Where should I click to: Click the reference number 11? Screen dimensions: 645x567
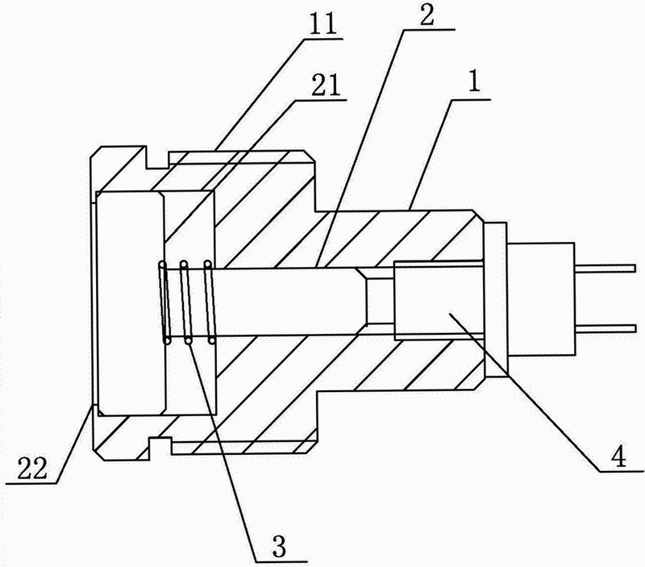coord(323,26)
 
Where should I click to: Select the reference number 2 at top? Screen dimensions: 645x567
coord(427,15)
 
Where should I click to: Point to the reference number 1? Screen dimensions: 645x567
coord(474,82)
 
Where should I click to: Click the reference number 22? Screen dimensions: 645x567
coord(32,469)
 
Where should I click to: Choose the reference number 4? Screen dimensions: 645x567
coord(618,456)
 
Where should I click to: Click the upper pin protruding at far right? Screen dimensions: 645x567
coord(606,269)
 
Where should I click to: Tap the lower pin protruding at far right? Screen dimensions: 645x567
coord(606,328)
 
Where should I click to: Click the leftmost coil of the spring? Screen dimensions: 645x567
coord(165,302)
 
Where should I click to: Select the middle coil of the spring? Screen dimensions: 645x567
coord(186,302)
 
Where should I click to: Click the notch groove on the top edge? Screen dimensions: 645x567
coord(157,160)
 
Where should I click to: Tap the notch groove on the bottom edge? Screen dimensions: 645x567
coord(160,446)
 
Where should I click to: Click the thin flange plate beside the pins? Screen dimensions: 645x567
coord(496,299)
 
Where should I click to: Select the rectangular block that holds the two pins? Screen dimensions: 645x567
coord(541,299)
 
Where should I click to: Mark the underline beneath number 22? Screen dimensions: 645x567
coord(31,482)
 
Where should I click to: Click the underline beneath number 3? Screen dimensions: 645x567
coord(281,561)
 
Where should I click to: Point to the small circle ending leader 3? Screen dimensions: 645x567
coord(189,340)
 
